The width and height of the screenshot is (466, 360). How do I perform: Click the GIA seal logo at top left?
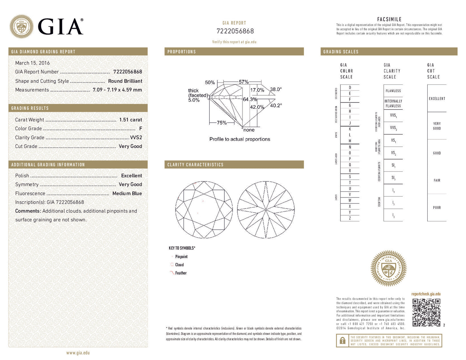click(x=21, y=26)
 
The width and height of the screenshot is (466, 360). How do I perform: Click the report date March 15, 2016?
click(x=32, y=63)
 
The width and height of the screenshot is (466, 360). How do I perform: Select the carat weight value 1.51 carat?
click(x=130, y=120)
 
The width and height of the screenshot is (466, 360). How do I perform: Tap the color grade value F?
click(x=140, y=128)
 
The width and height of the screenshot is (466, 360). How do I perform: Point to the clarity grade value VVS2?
click(x=136, y=137)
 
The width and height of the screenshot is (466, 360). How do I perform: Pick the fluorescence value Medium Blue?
click(x=127, y=193)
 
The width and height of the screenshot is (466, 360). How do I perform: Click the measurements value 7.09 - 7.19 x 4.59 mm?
click(x=117, y=90)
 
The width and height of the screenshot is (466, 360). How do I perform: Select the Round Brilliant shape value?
click(x=125, y=81)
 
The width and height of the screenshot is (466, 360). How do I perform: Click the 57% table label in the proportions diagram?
click(x=243, y=82)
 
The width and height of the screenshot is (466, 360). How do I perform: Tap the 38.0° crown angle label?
click(x=276, y=89)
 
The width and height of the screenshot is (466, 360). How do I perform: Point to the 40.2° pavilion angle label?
click(x=276, y=105)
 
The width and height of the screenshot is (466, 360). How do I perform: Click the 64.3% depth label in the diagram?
click(x=250, y=99)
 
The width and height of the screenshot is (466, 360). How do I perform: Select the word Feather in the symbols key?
click(x=181, y=273)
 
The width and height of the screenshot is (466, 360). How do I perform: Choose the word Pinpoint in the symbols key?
click(x=181, y=257)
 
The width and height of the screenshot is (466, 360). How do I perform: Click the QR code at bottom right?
click(x=426, y=312)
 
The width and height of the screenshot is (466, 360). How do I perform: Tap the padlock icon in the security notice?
click(x=342, y=340)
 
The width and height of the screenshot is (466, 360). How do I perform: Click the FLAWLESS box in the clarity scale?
click(x=393, y=91)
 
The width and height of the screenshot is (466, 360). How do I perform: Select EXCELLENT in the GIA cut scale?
click(x=437, y=99)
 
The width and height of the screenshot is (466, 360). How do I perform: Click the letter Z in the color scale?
click(x=350, y=218)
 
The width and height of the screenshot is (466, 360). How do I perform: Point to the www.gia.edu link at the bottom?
click(x=78, y=353)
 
